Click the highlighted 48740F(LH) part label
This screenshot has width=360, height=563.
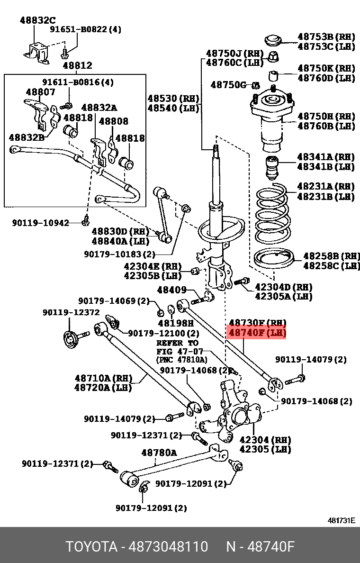point(257,333)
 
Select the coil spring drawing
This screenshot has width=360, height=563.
point(271,212)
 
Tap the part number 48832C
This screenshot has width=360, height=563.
point(37,20)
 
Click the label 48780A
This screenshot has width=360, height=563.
point(159,453)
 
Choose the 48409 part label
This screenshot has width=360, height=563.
point(172,290)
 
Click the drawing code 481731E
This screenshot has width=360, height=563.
point(341,520)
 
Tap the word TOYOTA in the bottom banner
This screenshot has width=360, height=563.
point(91,547)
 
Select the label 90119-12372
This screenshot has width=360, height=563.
point(71,312)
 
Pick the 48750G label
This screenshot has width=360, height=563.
point(228,85)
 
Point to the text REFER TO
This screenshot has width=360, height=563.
point(178,343)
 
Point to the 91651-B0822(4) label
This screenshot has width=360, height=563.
point(86,29)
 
